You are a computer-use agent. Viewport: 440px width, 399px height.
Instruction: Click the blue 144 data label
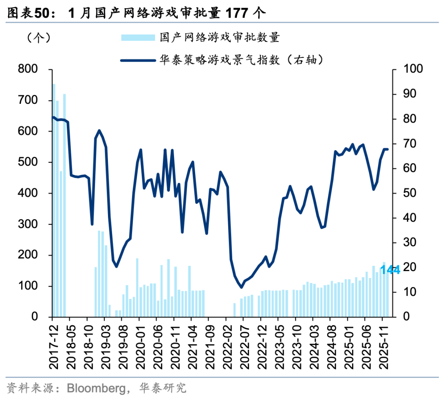pos(390,270)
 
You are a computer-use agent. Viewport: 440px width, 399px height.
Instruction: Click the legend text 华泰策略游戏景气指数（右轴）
pos(242,60)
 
